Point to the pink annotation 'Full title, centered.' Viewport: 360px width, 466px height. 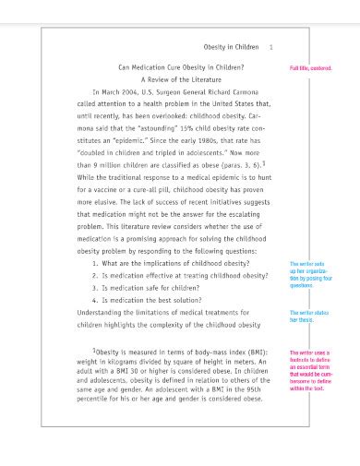coord(310,69)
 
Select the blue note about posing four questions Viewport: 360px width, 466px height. coord(309,275)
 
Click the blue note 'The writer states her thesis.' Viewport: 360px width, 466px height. coord(307,317)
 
